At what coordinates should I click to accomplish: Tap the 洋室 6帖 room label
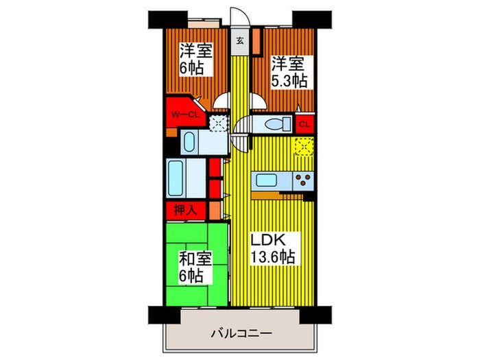pos(195,60)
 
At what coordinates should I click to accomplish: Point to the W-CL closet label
pos(185,115)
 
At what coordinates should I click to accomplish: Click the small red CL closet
pos(305,124)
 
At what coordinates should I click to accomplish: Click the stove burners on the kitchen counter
pos(302,181)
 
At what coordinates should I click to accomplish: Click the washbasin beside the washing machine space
pos(189,143)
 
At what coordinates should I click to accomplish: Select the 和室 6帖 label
pos(195,267)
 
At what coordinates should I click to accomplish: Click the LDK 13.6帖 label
pos(272,250)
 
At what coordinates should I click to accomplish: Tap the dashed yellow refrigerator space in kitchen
pos(304,147)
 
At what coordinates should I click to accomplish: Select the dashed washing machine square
pos(218,124)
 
